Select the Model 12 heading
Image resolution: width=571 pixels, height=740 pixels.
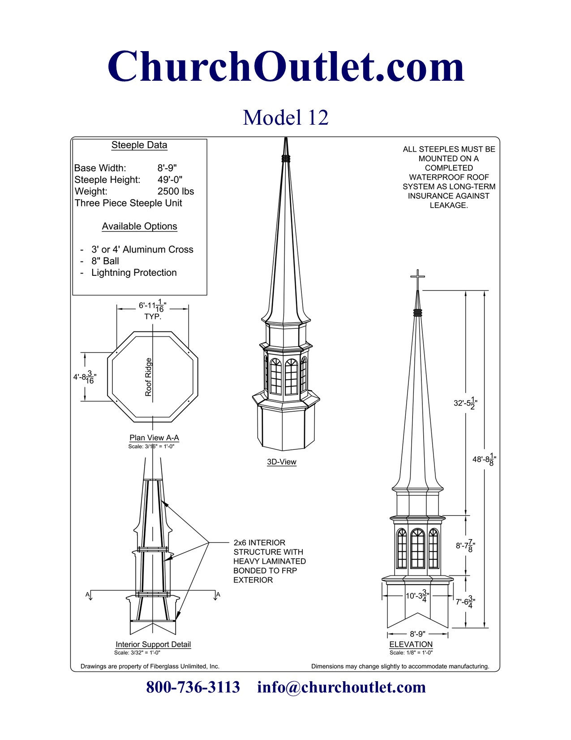[x=286, y=118]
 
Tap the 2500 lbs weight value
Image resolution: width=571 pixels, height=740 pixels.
[x=176, y=192]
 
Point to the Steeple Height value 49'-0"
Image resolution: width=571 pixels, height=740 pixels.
[x=170, y=180]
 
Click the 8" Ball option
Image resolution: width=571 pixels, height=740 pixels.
[x=105, y=261]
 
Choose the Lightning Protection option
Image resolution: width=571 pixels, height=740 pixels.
[x=134, y=273]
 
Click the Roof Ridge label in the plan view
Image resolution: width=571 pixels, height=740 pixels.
[x=149, y=377]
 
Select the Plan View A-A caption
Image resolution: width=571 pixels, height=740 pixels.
[x=154, y=438]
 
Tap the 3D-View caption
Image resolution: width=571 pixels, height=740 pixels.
[x=282, y=462]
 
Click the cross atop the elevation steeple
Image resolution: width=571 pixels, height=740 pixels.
[x=417, y=279]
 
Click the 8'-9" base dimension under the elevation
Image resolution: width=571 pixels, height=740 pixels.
[x=417, y=634]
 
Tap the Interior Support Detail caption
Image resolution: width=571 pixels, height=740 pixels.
[x=153, y=644]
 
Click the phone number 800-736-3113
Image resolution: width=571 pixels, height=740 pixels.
[x=193, y=687]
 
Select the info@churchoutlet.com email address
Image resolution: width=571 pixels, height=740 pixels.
[x=341, y=687]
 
